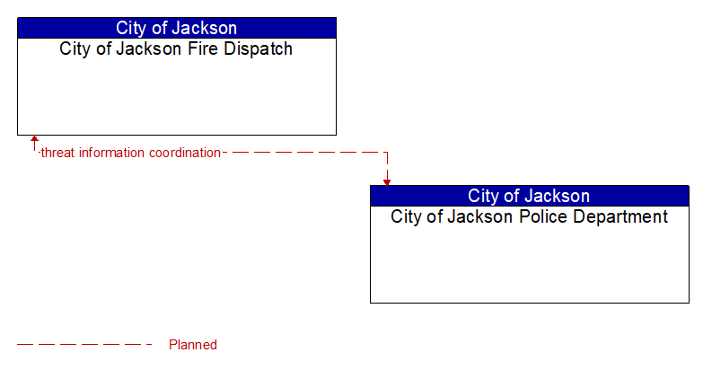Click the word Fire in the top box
207,49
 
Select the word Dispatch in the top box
259,49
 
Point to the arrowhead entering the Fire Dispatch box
34,140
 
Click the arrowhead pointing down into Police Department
387,181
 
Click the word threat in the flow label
58,153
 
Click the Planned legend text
193,345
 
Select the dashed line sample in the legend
85,345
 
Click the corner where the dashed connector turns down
387,153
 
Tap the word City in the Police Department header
484,196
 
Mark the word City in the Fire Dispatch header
132,28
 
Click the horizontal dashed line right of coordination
305,153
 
